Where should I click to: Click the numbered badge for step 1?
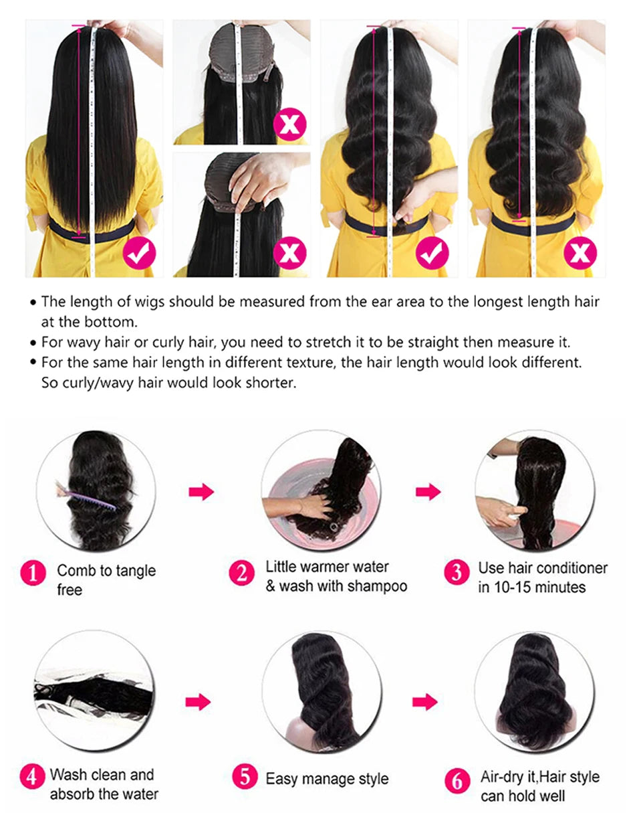point(33,572)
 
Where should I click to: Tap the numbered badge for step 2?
point(242,572)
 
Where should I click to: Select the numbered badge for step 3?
point(457,571)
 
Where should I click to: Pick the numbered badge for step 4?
point(32,776)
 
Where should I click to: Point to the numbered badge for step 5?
point(245,776)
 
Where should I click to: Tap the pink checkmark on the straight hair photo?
point(139,253)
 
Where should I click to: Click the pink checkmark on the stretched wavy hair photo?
point(432,253)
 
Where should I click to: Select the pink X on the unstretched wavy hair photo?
point(580,253)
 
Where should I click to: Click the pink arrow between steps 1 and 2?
point(201,492)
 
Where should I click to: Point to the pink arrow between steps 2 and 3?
point(428,492)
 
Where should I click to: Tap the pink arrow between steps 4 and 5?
point(198,702)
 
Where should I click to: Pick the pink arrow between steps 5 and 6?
point(425,702)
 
